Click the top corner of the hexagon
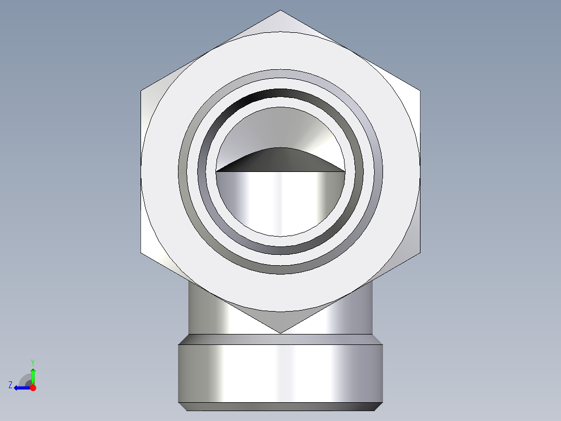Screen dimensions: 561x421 pos(280,10)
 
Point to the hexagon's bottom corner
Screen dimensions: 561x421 pos(280,333)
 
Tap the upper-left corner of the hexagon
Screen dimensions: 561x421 pos(141,91)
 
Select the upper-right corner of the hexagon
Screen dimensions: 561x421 pos(420,91)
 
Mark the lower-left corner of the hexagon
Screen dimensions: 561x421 pos(141,253)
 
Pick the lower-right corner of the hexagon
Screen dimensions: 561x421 pos(420,253)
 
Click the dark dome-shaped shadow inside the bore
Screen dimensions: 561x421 pos(280,161)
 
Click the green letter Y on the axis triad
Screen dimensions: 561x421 pos(33,362)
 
